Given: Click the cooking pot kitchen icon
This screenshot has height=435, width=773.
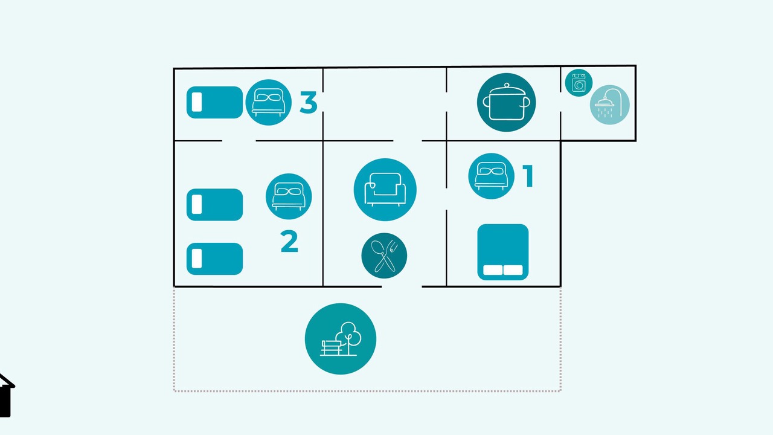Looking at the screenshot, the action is (x=506, y=102).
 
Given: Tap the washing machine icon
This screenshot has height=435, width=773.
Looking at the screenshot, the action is (x=579, y=83).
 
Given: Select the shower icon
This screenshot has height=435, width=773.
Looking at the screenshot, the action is (x=610, y=105).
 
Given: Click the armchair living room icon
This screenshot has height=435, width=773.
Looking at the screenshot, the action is (x=385, y=190).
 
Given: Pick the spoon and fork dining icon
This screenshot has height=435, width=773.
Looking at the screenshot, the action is (x=384, y=256).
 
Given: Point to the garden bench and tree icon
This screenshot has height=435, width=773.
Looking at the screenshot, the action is (x=341, y=339).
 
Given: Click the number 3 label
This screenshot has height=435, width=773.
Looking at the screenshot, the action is (x=309, y=102).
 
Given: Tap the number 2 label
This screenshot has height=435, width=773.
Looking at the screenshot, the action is (x=289, y=241).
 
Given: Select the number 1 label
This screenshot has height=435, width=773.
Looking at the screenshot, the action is (x=528, y=176).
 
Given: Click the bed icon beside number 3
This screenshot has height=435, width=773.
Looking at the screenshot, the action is (x=269, y=102).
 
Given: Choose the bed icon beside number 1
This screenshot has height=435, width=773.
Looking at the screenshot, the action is (x=491, y=176).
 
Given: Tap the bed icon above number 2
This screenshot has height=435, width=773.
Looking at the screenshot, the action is (x=289, y=196).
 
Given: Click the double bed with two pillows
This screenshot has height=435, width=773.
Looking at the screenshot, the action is (x=503, y=252).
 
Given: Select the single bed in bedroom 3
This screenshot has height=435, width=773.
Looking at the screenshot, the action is (x=214, y=102).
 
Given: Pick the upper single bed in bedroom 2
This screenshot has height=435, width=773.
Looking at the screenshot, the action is (x=214, y=204).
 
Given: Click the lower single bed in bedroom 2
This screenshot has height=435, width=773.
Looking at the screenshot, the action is (x=214, y=259).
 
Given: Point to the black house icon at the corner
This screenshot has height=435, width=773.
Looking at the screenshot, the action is (x=6, y=395).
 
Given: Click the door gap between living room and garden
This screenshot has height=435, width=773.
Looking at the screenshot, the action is (x=402, y=286).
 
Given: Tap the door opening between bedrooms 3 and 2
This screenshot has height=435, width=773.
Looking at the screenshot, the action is (x=239, y=141).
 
